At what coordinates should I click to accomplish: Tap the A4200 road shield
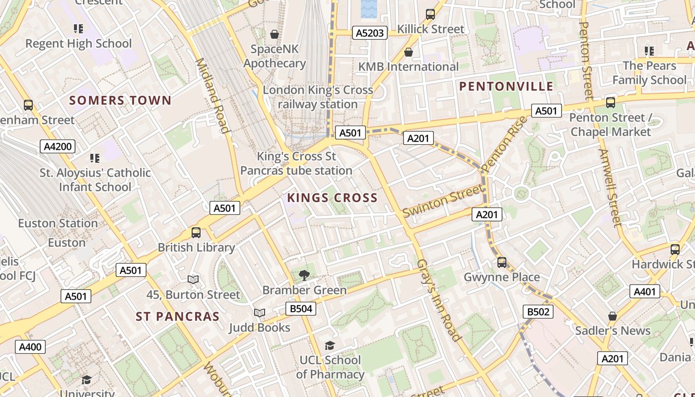click(x=58, y=146)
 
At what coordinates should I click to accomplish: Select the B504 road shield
click(x=301, y=309)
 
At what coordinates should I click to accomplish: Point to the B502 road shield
click(x=538, y=312)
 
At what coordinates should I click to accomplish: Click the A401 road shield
click(x=644, y=292)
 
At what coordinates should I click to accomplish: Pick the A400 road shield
click(x=30, y=347)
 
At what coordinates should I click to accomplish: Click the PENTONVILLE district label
click(x=506, y=86)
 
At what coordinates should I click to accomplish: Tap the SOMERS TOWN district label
click(x=120, y=100)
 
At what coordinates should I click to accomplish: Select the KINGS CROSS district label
click(x=332, y=198)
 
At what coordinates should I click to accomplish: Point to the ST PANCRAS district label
click(x=177, y=316)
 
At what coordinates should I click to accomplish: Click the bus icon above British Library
click(x=196, y=232)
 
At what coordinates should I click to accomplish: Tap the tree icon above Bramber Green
click(x=304, y=275)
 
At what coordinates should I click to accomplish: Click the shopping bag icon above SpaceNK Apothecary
click(x=274, y=34)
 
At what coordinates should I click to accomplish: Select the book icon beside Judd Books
click(x=259, y=313)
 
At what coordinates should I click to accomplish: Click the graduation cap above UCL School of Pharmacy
click(x=330, y=345)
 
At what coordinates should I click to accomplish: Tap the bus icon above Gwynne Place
click(x=502, y=262)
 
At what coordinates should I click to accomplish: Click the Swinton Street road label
click(x=442, y=200)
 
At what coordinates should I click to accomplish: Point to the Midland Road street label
click(x=212, y=96)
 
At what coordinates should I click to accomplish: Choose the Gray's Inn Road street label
click(x=438, y=300)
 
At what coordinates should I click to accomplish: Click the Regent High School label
click(x=78, y=44)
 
